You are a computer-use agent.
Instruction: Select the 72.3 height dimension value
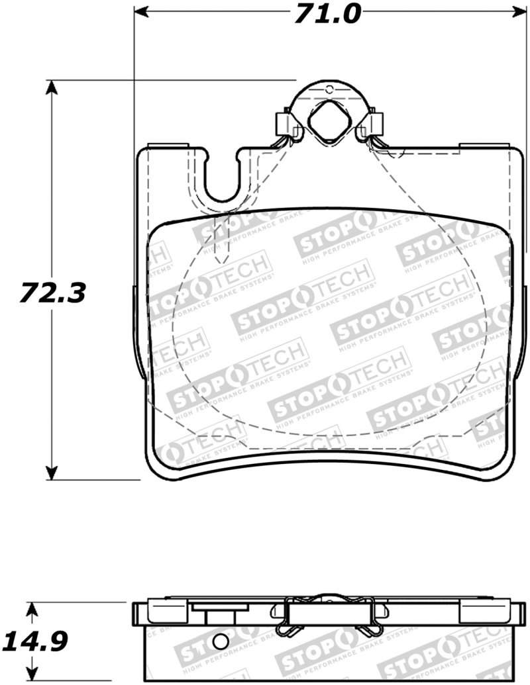52,292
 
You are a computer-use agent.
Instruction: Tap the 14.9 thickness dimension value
37,641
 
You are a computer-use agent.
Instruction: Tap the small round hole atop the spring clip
328,89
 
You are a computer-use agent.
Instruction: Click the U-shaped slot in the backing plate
223,179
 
